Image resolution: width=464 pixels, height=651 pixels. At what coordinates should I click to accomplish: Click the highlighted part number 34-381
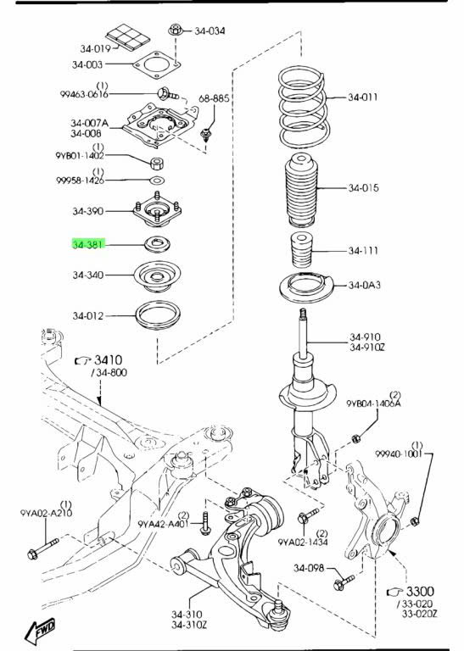[87, 244]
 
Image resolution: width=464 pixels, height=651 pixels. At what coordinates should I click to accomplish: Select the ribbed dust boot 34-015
[301, 190]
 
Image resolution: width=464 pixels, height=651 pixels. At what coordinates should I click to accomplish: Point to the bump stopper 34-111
[300, 250]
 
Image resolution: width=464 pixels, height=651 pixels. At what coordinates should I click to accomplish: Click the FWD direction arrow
[41, 631]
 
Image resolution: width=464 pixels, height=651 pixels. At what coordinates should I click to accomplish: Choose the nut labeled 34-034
[176, 30]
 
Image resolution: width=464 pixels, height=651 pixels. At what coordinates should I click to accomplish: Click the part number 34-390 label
[87, 211]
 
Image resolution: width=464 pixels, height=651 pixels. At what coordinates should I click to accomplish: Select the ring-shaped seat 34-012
[159, 315]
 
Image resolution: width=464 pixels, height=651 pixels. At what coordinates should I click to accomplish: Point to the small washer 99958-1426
[157, 181]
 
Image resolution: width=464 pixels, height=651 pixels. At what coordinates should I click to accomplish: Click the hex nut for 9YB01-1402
[157, 163]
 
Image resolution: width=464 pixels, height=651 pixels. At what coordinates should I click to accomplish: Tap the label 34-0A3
[364, 285]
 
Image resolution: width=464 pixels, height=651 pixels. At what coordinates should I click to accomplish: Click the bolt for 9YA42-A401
[204, 523]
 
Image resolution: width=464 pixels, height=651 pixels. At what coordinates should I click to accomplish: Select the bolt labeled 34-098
[344, 582]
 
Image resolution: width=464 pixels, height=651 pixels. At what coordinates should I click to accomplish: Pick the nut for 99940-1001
[414, 521]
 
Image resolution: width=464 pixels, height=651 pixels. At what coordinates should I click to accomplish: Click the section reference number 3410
[108, 360]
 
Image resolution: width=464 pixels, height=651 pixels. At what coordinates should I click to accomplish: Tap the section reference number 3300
[420, 591]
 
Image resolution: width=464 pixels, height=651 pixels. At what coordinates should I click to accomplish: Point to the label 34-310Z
[189, 624]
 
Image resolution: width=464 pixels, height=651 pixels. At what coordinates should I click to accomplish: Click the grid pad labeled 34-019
[127, 36]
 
